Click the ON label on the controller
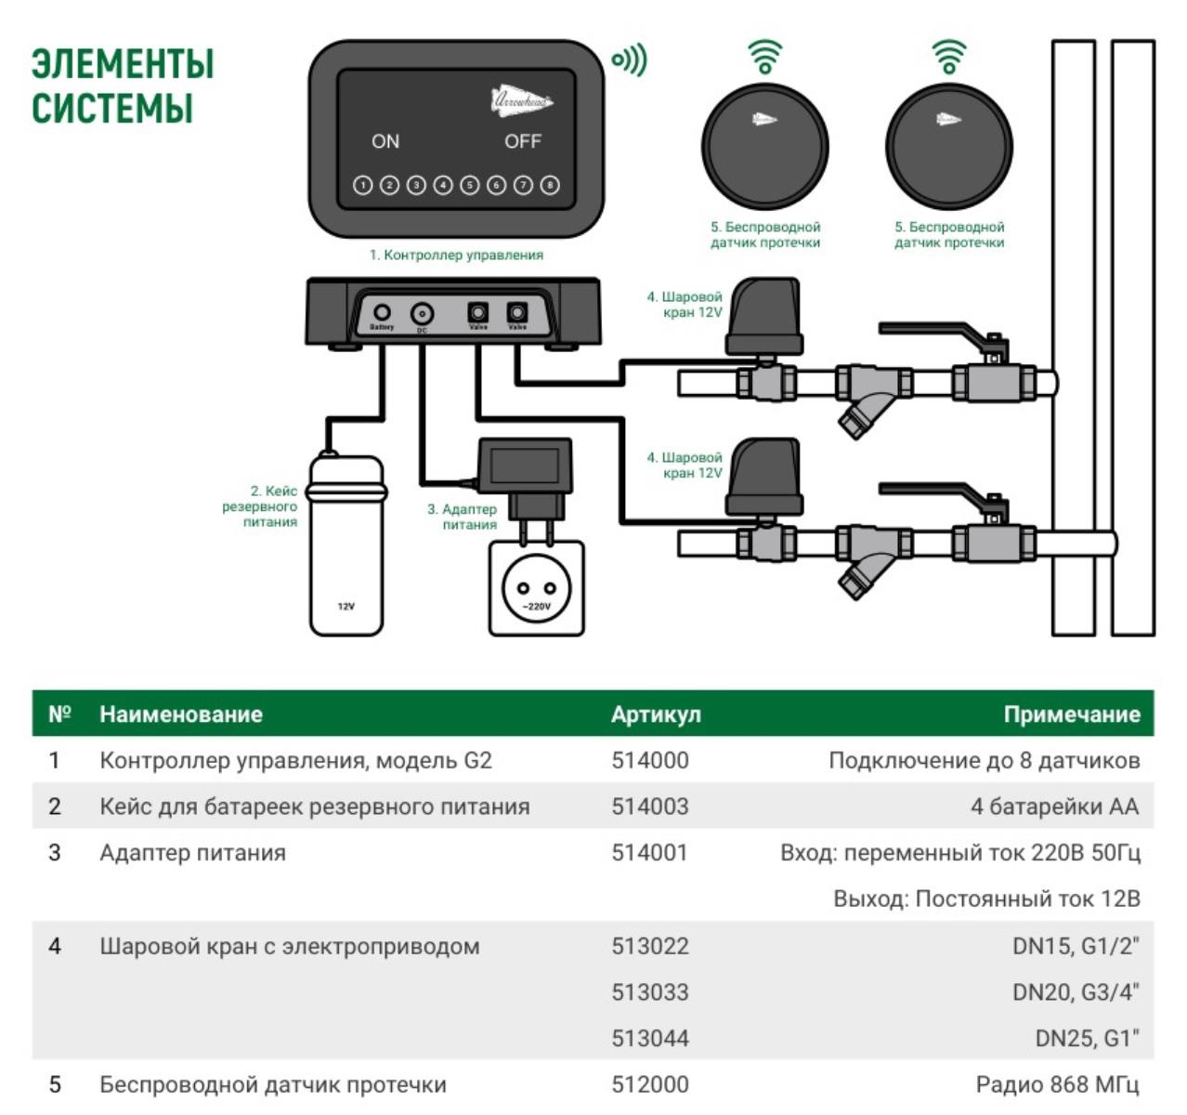click(x=385, y=141)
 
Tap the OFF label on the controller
click(x=522, y=141)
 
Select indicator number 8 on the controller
click(x=550, y=185)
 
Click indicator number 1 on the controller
click(x=362, y=185)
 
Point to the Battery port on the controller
click(x=382, y=312)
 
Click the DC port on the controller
click(x=422, y=313)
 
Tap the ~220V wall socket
click(x=537, y=589)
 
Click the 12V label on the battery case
click(x=346, y=606)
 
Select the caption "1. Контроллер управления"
click(x=456, y=255)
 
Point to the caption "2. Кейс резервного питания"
click(x=261, y=506)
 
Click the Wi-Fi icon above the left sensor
click(x=765, y=57)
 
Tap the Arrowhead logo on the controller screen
click(x=521, y=99)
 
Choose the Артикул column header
click(x=656, y=715)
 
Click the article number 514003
click(x=650, y=807)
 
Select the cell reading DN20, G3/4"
click(x=1076, y=992)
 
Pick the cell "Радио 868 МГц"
click(x=1057, y=1084)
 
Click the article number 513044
click(x=650, y=1038)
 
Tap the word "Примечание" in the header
click(x=1071, y=715)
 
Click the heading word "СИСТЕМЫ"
click(x=112, y=108)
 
